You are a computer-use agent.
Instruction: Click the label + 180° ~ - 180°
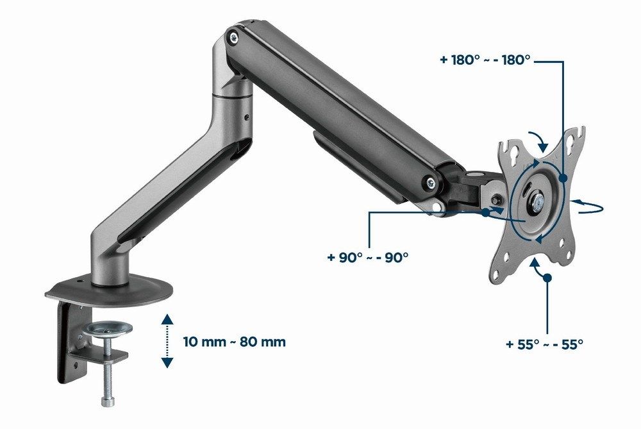point(485,60)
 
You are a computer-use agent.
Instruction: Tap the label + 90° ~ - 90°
point(368,257)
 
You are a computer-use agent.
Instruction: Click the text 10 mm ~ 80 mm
point(234,342)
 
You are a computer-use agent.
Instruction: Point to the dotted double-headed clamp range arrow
point(167,341)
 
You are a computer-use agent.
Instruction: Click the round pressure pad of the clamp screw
point(111,330)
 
